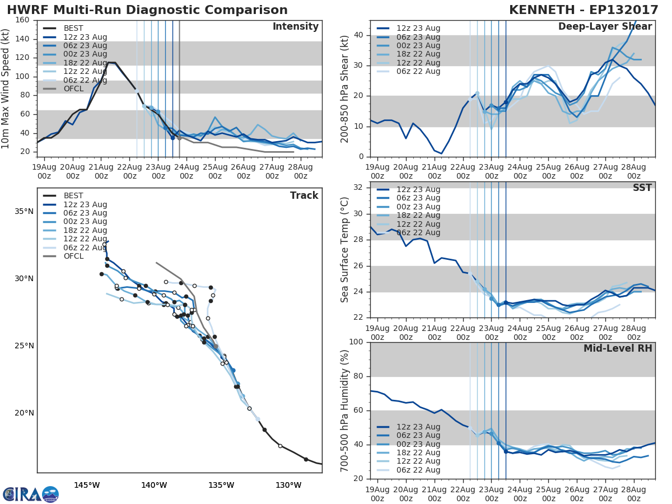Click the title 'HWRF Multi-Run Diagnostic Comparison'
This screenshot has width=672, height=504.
147,10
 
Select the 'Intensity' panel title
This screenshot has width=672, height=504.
295,27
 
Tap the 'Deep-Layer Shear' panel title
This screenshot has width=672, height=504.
605,27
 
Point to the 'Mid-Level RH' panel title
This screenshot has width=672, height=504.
618,349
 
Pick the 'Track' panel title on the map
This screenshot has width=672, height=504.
304,195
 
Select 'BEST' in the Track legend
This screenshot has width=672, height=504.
73,196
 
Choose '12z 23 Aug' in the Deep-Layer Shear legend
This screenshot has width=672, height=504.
418,29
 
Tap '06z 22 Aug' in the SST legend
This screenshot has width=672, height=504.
418,232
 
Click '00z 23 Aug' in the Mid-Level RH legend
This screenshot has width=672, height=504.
418,444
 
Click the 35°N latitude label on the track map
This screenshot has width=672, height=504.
24,212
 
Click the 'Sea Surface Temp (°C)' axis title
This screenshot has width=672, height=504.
345,250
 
